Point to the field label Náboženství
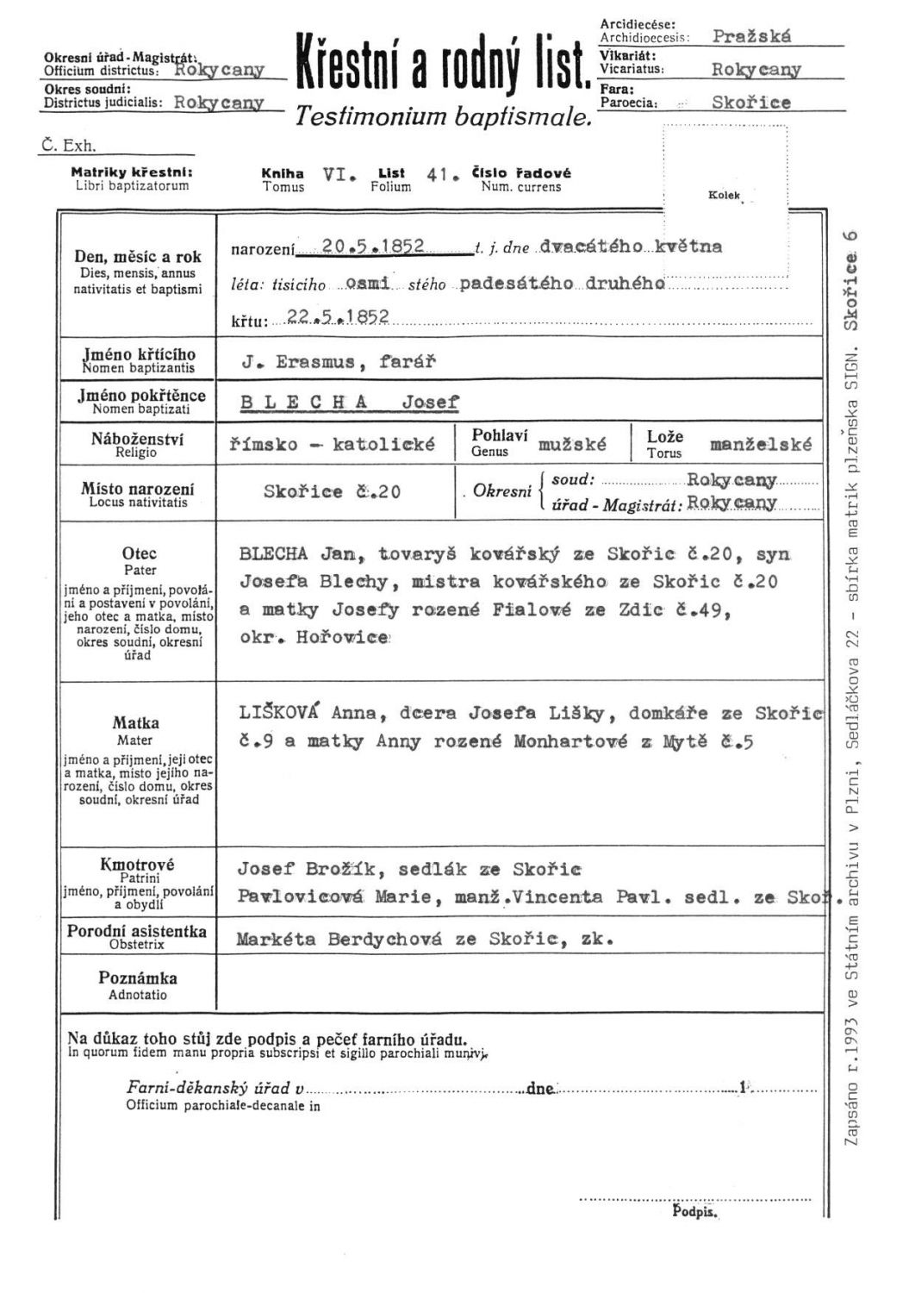click(137, 440)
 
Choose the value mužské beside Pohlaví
click(572, 445)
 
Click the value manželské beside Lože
click(760, 445)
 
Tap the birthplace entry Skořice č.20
click(332, 492)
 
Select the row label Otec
click(140, 554)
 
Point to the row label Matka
click(135, 723)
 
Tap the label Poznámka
click(138, 978)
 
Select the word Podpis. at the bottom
click(694, 1212)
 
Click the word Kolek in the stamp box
click(724, 196)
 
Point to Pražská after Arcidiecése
click(751, 37)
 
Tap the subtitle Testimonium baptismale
click(444, 117)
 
